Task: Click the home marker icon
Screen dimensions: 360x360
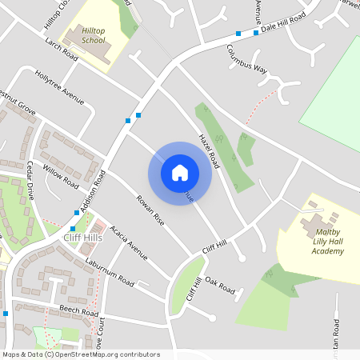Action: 180,172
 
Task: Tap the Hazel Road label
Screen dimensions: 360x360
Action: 209,150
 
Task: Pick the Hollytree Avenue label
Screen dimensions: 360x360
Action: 59,87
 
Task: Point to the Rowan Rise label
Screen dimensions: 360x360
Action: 150,210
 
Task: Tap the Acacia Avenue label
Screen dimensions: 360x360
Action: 130,242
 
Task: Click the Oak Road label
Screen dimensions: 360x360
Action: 219,284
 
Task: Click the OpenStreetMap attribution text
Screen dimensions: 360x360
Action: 80,354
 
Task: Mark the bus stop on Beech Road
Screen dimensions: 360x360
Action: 6,314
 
